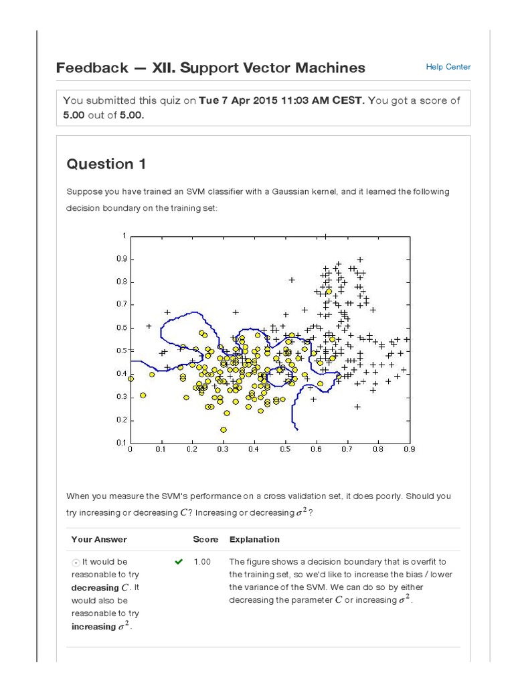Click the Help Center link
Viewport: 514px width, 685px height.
448,67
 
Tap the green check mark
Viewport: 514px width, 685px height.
178,562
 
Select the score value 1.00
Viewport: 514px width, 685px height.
202,562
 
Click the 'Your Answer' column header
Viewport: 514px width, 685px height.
99,539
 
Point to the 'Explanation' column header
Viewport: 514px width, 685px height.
254,539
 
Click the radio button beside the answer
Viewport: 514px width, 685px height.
76,563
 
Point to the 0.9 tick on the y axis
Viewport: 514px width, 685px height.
121,259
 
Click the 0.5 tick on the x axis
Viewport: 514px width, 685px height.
285,450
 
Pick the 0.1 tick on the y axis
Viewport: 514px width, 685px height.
121,443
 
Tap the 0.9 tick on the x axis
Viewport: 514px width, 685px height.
408,450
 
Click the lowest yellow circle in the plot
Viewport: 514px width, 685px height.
223,429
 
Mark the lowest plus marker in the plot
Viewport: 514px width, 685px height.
357,407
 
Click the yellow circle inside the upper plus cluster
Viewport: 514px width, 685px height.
329,291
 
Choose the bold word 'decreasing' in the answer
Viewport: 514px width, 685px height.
94,587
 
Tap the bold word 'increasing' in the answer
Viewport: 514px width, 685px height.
94,627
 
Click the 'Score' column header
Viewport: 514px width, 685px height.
205,539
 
